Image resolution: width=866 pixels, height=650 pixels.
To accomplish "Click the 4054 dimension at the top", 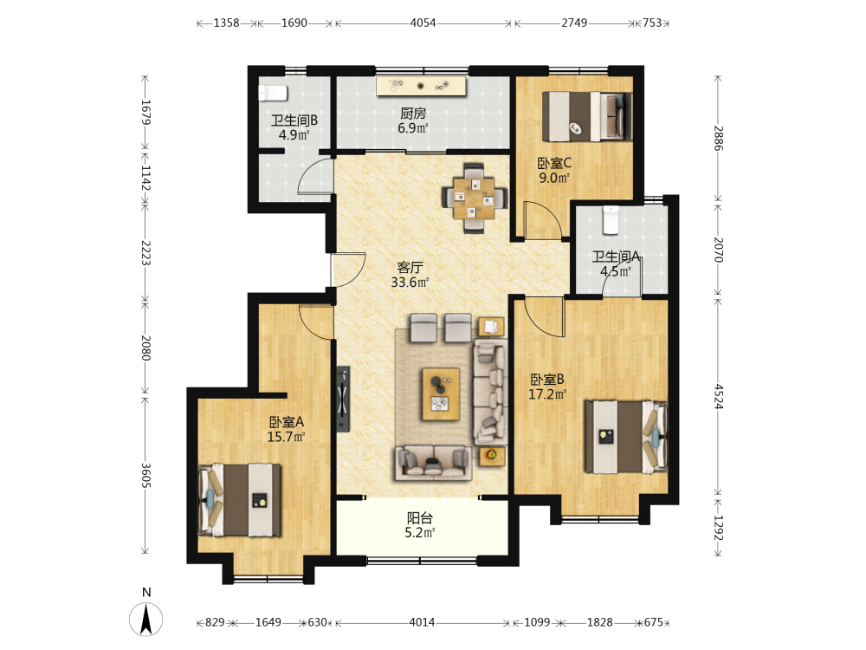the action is [423, 23].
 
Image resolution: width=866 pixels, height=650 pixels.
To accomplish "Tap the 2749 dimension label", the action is [574, 23].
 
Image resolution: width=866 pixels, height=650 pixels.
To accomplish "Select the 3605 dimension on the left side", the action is [145, 475].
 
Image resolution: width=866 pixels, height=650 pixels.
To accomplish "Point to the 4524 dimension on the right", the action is [718, 396].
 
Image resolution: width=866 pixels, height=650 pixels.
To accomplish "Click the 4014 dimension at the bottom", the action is [422, 622].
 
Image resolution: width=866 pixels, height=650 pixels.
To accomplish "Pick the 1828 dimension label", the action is [600, 622].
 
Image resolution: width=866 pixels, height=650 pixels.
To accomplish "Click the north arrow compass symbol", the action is [146, 619].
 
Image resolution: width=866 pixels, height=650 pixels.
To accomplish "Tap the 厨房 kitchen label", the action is [413, 114].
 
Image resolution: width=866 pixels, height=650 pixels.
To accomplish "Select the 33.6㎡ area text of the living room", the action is [410, 283].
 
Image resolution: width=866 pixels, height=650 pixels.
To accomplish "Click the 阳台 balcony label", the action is [420, 518].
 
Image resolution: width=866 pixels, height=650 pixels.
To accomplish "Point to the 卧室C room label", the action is [554, 163].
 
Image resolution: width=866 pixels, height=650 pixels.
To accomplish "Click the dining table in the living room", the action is [475, 198].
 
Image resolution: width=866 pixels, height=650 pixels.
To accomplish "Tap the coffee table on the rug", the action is [441, 394].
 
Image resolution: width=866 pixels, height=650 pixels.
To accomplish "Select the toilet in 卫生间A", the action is [611, 219].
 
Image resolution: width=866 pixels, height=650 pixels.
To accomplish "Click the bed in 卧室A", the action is [240, 500].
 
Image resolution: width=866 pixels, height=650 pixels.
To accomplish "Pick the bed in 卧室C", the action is [587, 116].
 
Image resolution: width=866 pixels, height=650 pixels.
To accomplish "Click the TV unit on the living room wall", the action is [343, 399].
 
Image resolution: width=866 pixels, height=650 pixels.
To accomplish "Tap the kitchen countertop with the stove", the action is [422, 86].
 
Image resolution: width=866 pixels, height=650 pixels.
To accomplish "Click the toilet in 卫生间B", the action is [273, 93].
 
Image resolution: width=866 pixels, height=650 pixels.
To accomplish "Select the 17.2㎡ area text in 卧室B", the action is [547, 394].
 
